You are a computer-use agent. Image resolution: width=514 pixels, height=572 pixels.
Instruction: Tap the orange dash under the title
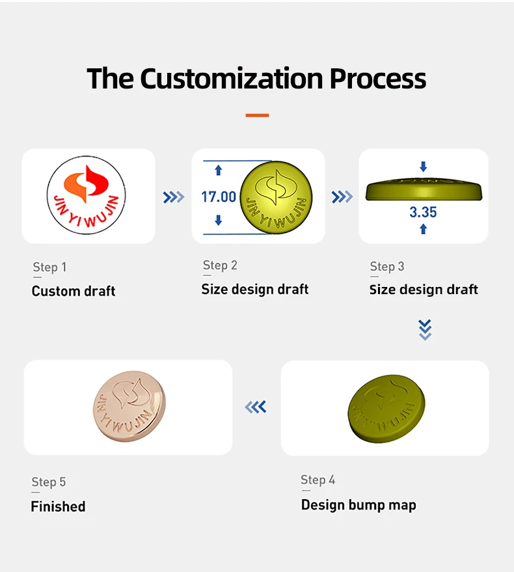[x=257, y=115]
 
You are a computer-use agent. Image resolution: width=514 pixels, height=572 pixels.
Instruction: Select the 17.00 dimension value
[x=219, y=197]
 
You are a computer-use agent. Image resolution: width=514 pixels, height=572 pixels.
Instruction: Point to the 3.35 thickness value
[x=423, y=212]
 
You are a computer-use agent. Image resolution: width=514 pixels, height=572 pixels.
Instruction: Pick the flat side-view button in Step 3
[x=423, y=188]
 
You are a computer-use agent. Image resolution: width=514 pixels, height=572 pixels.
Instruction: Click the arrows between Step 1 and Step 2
[x=173, y=197]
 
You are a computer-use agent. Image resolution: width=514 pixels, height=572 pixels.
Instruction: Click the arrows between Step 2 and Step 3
[x=342, y=197]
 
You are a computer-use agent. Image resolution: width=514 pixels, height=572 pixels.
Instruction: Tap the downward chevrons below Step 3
[x=425, y=330]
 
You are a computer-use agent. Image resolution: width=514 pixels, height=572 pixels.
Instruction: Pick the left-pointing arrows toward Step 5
[x=256, y=407]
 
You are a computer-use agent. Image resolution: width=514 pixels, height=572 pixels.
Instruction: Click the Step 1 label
[x=49, y=267]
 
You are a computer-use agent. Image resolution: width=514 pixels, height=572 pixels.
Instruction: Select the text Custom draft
[x=74, y=291]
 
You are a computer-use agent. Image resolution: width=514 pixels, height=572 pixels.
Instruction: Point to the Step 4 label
[x=318, y=480]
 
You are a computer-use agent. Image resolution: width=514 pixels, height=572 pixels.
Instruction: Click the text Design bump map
[x=358, y=505]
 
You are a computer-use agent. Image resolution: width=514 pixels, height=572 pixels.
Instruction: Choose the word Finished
[x=58, y=506]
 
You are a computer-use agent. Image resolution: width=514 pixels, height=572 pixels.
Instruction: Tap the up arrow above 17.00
[x=219, y=170]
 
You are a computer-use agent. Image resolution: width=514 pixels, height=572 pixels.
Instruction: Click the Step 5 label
[x=49, y=482]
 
